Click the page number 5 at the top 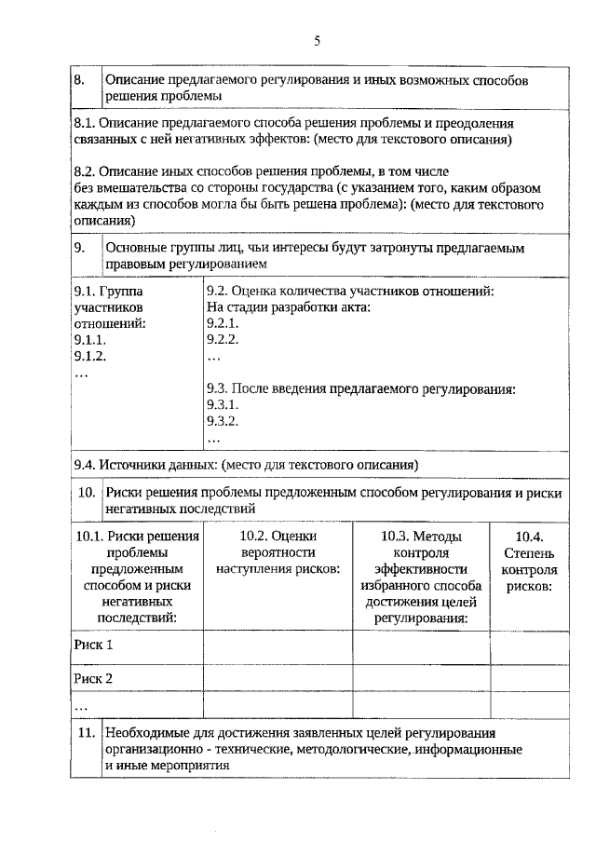(317, 40)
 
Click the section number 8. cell (85, 88)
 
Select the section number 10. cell (86, 500)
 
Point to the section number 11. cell (86, 740)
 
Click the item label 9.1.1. (90, 340)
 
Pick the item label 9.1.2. (90, 356)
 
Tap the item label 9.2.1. (223, 323)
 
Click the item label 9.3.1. (223, 405)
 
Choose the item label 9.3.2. (223, 421)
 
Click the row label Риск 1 (93, 645)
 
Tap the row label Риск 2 (93, 678)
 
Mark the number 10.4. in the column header (529, 537)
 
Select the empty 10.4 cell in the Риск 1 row (529, 645)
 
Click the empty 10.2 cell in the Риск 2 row (278, 678)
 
